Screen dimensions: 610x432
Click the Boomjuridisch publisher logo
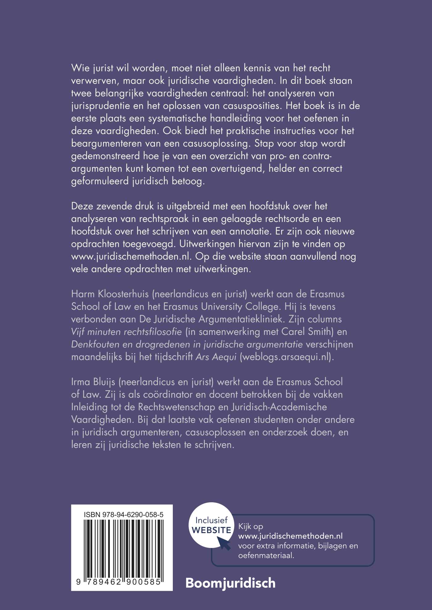pyautogui.click(x=230, y=583)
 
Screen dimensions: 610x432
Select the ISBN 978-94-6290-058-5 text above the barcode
pyautogui.click(x=123, y=515)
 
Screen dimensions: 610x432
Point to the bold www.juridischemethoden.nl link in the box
pyautogui.click(x=290, y=536)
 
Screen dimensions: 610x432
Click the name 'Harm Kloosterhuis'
pyautogui.click(x=110, y=294)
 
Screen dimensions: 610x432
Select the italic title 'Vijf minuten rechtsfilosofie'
pyautogui.click(x=127, y=332)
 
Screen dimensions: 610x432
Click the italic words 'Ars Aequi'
pyautogui.click(x=216, y=357)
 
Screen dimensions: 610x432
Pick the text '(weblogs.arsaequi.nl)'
pyautogui.click(x=287, y=357)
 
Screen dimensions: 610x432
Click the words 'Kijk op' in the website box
pyautogui.click(x=251, y=526)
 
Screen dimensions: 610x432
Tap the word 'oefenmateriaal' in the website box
pyautogui.click(x=265, y=555)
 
